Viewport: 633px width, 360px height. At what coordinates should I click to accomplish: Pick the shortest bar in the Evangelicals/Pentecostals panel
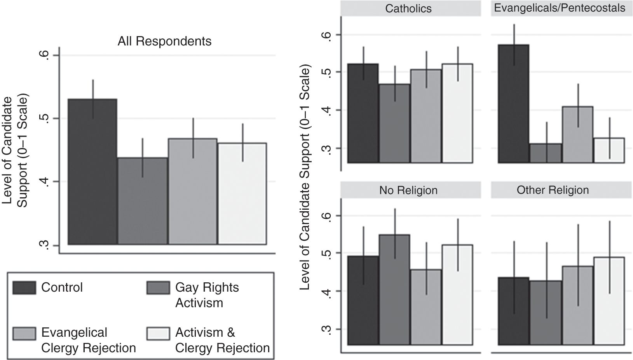point(546,153)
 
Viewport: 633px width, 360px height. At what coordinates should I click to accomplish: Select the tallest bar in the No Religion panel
point(394,289)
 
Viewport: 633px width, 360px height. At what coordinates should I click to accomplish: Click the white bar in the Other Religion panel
point(609,301)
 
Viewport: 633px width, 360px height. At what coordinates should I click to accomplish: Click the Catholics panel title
point(408,9)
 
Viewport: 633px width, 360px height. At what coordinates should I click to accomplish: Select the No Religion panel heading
point(408,190)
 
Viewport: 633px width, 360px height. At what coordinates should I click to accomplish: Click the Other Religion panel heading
point(553,190)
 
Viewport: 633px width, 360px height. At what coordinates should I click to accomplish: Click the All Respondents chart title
point(164,41)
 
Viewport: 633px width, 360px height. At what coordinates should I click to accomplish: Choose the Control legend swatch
point(24,288)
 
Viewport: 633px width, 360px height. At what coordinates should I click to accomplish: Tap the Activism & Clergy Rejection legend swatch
point(158,333)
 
